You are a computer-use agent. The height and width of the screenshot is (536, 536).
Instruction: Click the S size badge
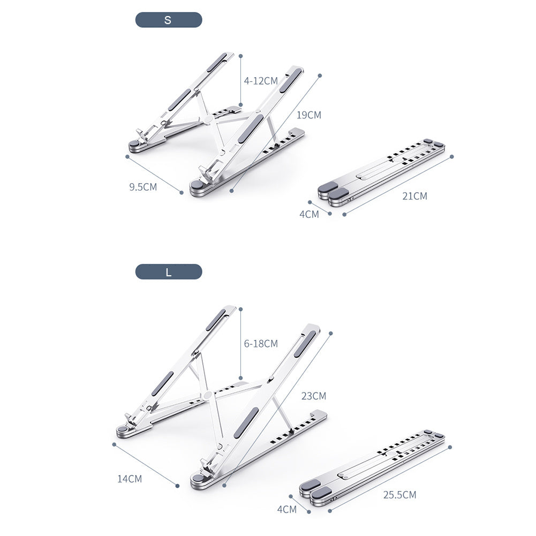(168, 20)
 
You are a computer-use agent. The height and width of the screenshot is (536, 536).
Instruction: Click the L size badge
(168, 272)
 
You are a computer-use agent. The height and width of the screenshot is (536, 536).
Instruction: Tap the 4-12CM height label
(261, 81)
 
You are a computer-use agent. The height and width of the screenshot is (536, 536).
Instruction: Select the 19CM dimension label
(309, 115)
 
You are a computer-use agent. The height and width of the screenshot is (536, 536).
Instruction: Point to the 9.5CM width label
(143, 187)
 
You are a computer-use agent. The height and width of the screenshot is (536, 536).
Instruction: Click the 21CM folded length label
(415, 196)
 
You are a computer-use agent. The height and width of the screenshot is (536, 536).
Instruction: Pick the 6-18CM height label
(261, 344)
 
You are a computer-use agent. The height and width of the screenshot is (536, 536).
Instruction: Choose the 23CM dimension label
(313, 396)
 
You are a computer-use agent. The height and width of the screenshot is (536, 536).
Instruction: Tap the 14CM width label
(130, 479)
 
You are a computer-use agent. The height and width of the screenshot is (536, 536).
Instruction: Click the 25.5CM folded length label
(399, 495)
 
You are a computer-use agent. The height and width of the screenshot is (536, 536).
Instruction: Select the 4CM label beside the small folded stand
(309, 214)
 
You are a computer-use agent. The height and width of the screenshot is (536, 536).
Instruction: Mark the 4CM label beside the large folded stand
(286, 509)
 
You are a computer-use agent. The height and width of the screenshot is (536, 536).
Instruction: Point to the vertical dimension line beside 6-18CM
(241, 343)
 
